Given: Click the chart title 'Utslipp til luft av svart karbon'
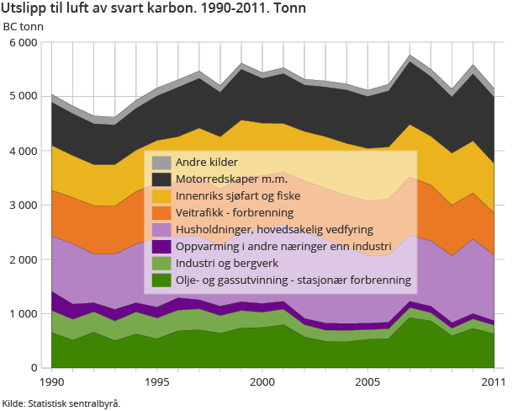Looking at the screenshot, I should [154, 8].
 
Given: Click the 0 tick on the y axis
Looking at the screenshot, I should [34, 368].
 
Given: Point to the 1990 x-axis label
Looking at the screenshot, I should [52, 382].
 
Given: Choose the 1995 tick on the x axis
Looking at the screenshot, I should [157, 382].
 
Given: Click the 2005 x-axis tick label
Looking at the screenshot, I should [368, 382].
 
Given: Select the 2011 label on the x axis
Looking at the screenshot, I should [492, 382].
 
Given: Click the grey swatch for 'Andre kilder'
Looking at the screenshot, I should [161, 163].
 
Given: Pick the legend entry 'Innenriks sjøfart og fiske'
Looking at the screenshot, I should [238, 196].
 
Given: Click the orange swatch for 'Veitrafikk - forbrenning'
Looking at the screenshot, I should [161, 213].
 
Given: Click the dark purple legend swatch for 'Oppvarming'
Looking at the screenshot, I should [161, 247].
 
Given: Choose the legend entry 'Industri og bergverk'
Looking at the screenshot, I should [225, 264].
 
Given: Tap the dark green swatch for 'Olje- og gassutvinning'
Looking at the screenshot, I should [161, 280].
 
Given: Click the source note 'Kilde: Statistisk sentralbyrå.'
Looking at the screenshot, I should [61, 403].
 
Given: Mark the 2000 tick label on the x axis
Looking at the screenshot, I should [262, 382].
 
